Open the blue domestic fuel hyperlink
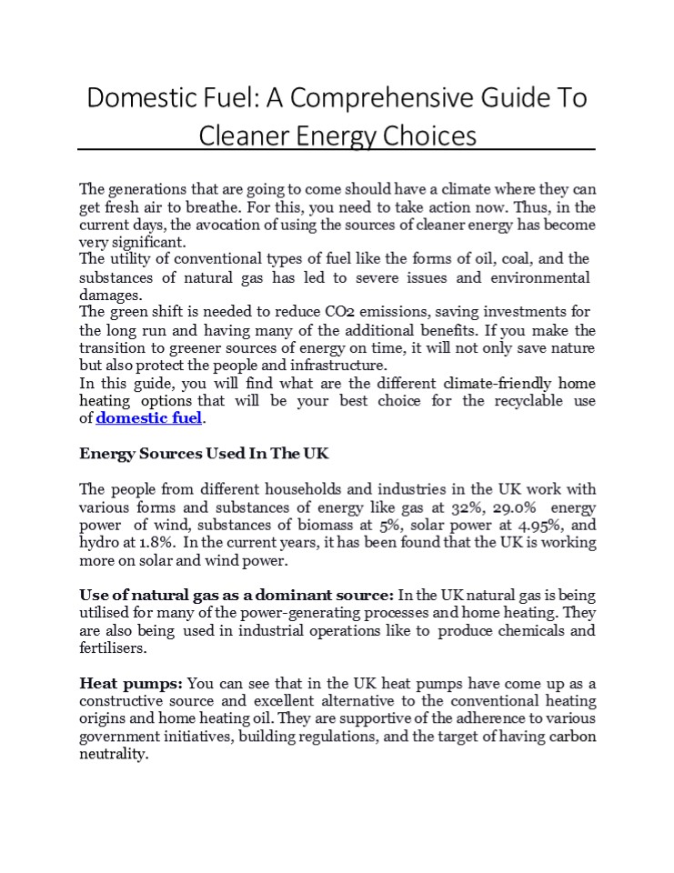pos(149,418)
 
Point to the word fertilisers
pos(113,649)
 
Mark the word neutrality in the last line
pos(113,753)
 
